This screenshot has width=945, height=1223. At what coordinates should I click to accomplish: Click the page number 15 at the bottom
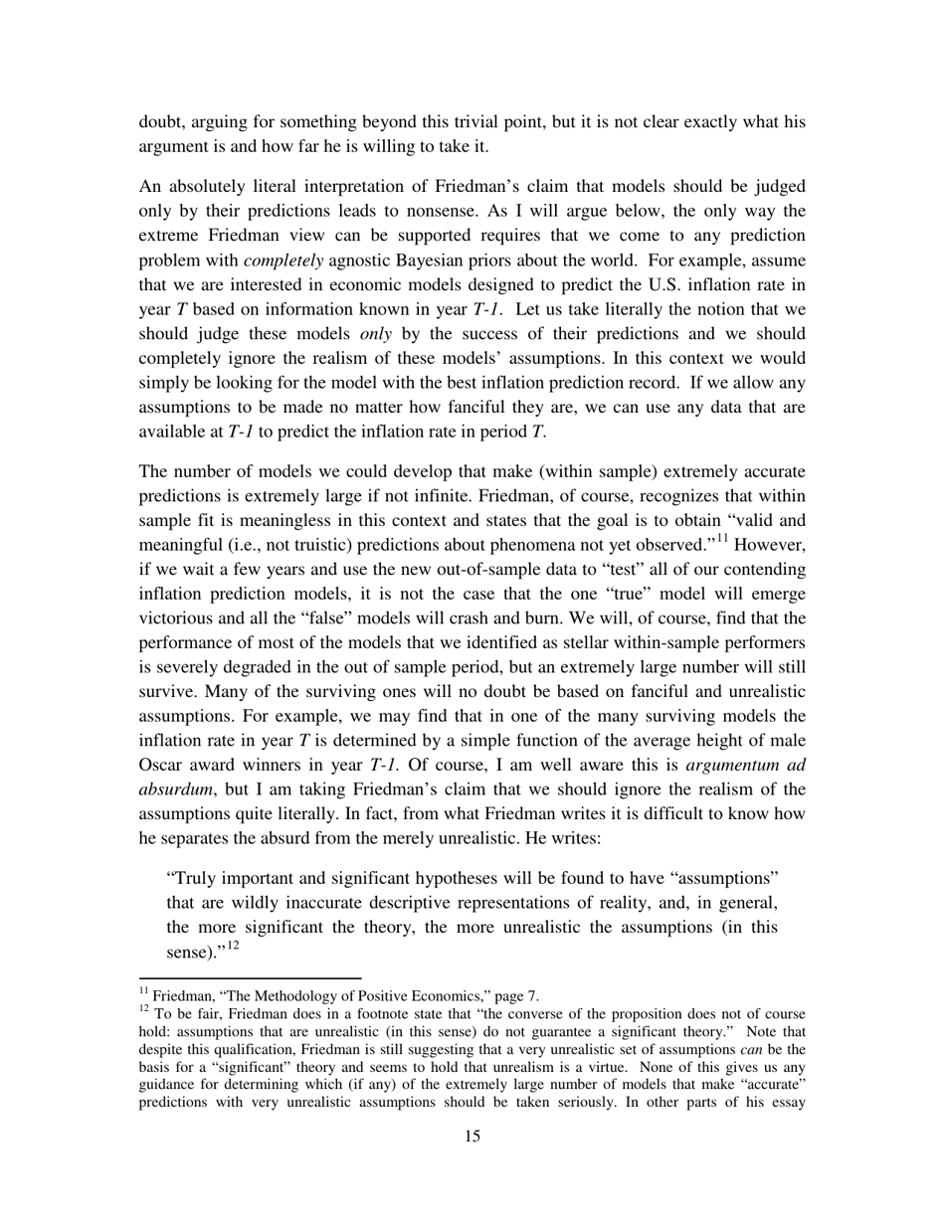tap(472, 1164)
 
